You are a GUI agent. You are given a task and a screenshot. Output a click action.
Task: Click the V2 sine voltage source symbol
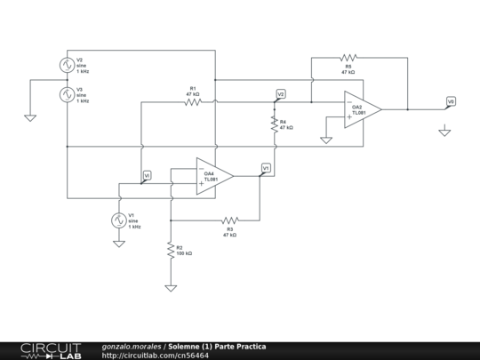pos(67,65)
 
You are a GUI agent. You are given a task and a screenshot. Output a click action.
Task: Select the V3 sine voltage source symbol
pos(67,95)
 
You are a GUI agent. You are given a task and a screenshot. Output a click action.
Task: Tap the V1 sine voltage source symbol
pos(118,220)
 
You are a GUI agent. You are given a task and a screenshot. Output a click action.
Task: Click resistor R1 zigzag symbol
pos(193,102)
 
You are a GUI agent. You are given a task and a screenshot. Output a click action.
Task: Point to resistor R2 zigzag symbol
pos(170,252)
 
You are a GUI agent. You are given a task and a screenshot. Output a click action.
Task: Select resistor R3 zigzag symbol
pos(229,219)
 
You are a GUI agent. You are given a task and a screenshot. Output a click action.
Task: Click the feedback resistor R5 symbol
pos(348,58)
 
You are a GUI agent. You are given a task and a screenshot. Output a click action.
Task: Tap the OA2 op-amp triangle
pos(363,110)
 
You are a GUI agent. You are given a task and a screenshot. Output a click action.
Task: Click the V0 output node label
pos(451,101)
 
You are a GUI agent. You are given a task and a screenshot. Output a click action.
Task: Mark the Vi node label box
pos(147,174)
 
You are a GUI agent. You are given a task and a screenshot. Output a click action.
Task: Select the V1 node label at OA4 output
pos(266,166)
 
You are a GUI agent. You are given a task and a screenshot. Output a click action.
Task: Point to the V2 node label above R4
pos(281,93)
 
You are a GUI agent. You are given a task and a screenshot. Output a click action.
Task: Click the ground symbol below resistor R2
pos(170,287)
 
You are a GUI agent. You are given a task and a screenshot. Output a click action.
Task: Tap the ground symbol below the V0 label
pos(444,132)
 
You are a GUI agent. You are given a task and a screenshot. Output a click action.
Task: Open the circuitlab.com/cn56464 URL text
pos(156,355)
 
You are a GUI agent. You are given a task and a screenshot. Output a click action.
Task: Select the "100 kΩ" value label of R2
pos(184,254)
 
